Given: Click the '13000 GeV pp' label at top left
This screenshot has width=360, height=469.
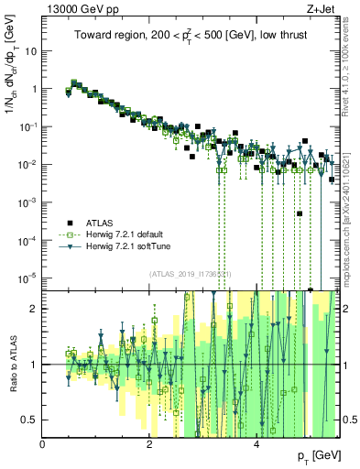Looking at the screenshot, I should [x=77, y=8].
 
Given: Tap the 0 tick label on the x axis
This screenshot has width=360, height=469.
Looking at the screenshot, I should [x=43, y=444].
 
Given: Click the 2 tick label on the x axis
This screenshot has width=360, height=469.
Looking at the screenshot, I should [x=149, y=444].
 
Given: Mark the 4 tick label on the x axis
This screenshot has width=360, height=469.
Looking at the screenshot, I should [x=256, y=444].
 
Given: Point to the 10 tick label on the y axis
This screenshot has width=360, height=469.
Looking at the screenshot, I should [x=30, y=51].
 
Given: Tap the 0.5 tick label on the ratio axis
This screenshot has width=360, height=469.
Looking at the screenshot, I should [x=30, y=420].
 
